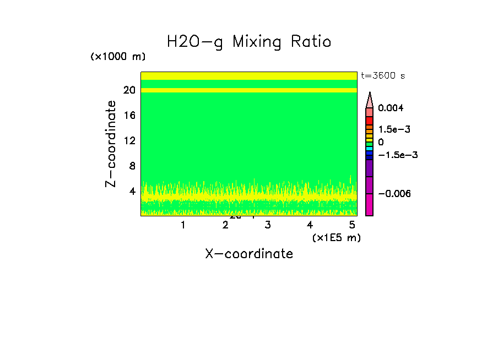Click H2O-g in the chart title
tap(195, 42)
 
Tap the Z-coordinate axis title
tap(111, 144)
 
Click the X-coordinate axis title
tap(249, 254)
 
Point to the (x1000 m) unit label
tap(118, 57)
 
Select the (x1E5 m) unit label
tap(336, 237)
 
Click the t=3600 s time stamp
tap(383, 76)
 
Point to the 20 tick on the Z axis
tap(129, 90)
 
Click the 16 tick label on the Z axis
tap(129, 116)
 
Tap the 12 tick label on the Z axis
tap(129, 140)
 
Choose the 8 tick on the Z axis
tap(132, 166)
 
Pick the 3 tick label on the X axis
tap(267, 225)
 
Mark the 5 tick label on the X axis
tap(352, 225)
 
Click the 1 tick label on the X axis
tap(183, 225)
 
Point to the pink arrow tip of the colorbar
tap(370, 99)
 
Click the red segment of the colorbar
tap(370, 120)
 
